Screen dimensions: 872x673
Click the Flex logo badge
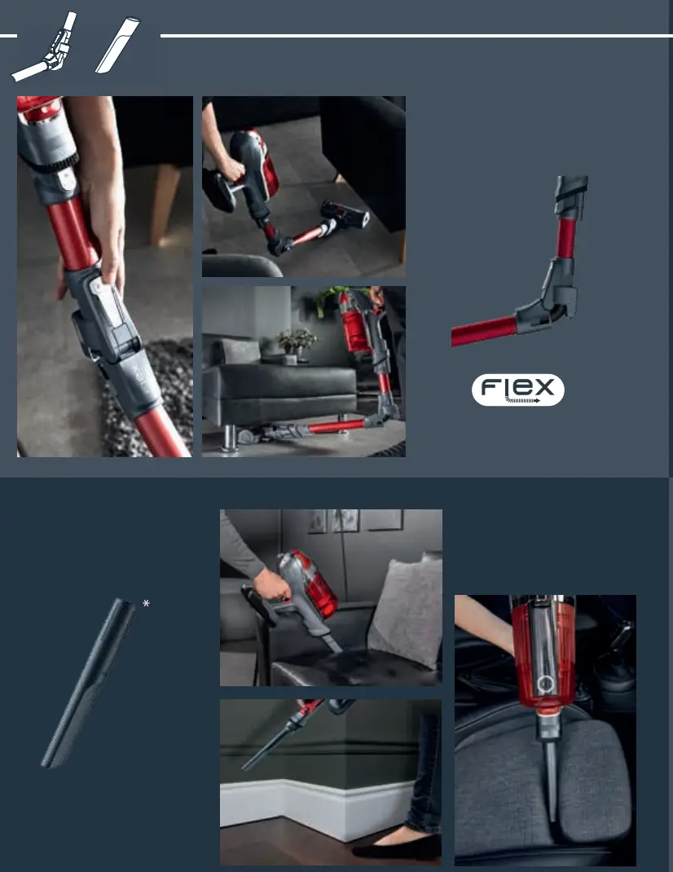click(517, 390)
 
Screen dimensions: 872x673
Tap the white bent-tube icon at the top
click(46, 49)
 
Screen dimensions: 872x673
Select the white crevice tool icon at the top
click(119, 46)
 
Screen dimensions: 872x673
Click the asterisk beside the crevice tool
click(146, 604)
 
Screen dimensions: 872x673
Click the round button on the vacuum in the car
click(545, 681)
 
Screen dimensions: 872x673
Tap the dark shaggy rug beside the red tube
click(155, 399)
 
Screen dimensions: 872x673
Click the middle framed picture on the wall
click(345, 520)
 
